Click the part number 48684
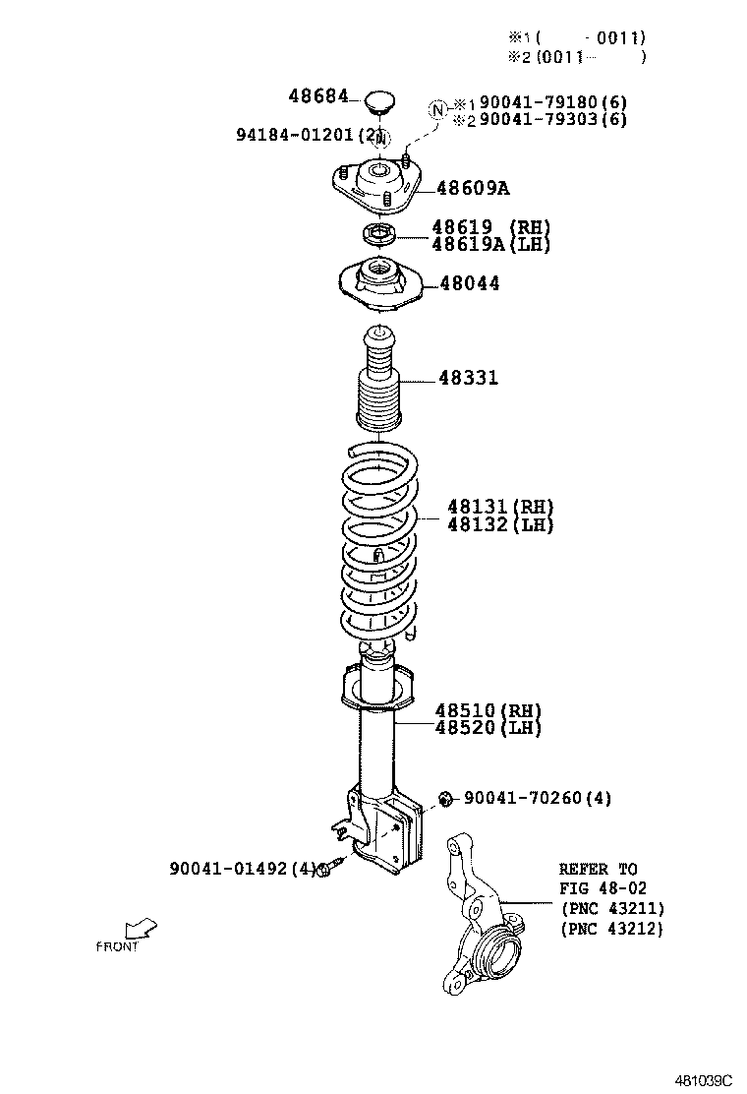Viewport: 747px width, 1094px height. click(317, 96)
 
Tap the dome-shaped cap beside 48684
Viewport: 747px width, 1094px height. click(379, 100)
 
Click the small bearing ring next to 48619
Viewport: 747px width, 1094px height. click(377, 235)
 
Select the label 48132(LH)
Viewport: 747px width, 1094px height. click(500, 524)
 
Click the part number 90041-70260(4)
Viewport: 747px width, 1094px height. click(537, 798)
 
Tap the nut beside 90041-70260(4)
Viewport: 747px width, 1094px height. click(445, 798)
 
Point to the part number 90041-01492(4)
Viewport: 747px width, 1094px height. click(244, 869)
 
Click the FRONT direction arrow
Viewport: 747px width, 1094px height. click(142, 928)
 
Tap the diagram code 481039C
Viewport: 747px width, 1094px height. click(703, 1079)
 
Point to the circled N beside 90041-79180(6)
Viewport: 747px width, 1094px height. click(437, 108)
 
